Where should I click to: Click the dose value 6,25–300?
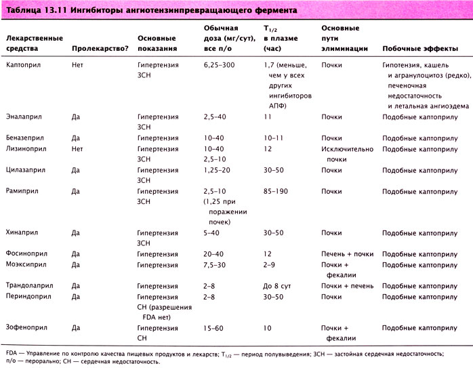(x=221, y=64)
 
